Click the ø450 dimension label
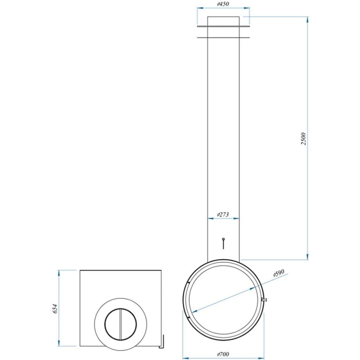click(x=223, y=4)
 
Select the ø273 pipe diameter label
click(x=223, y=215)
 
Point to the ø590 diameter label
click(x=279, y=273)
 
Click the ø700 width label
click(x=223, y=355)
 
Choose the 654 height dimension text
click(x=54, y=309)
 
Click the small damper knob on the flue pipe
click(x=223, y=243)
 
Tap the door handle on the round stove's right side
click(x=264, y=299)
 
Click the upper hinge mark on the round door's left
click(x=189, y=283)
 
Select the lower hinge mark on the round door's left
click(x=189, y=318)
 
